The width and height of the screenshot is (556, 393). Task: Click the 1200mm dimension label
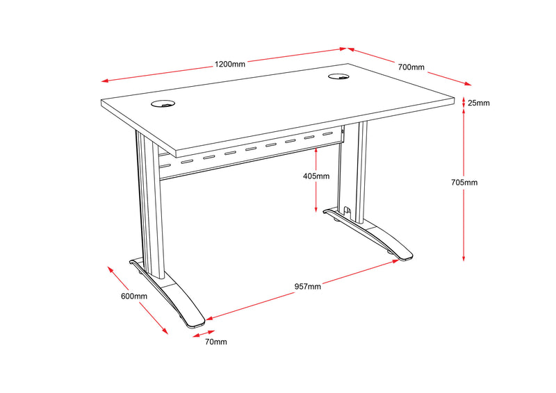tap(229, 65)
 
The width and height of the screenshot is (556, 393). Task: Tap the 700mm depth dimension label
tap(411, 67)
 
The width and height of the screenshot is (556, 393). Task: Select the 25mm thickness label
tap(478, 103)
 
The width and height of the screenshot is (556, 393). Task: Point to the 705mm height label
tap(464, 183)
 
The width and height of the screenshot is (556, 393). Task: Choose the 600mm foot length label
tap(134, 296)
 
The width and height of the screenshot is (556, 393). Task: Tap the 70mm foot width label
tap(215, 342)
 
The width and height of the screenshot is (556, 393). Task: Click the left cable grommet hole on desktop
tap(164, 105)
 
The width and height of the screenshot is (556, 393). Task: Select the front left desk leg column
tap(149, 201)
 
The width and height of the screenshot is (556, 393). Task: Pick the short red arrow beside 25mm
tap(464, 103)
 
